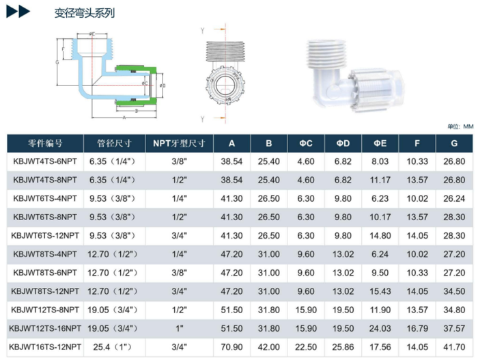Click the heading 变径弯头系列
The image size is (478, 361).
pos(85,13)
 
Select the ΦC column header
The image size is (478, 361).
pos(306,143)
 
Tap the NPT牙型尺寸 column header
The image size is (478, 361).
pos(179,143)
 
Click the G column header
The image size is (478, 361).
pos(454,143)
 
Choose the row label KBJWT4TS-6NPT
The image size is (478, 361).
pos(45,161)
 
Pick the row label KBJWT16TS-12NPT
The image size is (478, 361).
pos(45,347)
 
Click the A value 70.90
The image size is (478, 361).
pos(231,347)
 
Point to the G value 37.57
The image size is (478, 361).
pos(454,328)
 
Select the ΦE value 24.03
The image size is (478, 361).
pos(380,328)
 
